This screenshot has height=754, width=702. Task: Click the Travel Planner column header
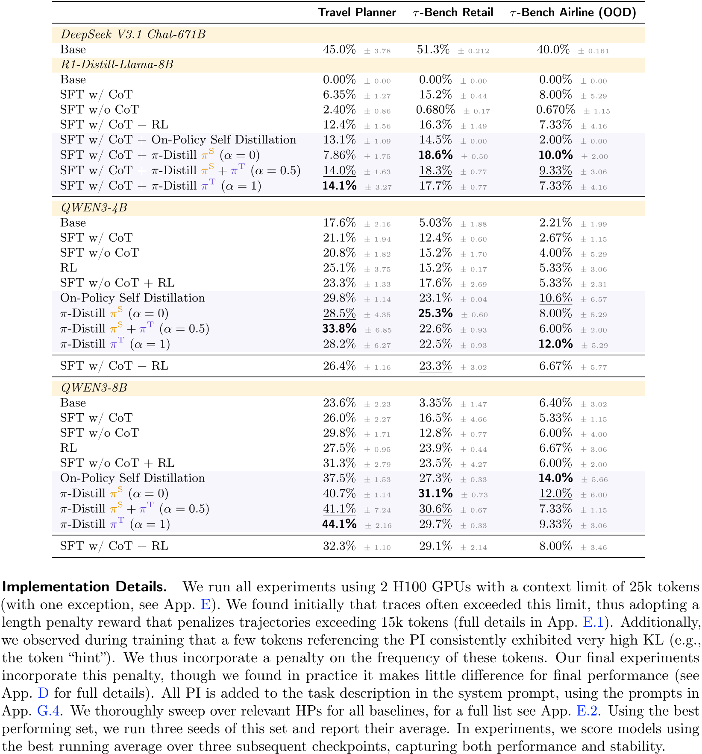click(357, 12)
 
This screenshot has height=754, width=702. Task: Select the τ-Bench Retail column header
click(453, 12)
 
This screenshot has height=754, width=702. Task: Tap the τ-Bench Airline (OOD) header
click(573, 12)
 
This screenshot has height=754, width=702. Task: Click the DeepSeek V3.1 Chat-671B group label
click(133, 35)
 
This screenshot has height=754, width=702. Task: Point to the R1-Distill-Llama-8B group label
click(117, 65)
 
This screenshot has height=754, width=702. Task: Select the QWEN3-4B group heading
click(94, 208)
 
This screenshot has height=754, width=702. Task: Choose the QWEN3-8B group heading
click(94, 388)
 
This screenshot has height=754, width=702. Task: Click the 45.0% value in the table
click(339, 50)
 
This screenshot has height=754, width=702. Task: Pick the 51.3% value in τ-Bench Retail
click(433, 50)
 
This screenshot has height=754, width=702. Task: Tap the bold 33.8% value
click(339, 329)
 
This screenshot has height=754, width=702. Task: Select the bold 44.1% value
click(339, 524)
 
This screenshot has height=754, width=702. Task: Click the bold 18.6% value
click(435, 155)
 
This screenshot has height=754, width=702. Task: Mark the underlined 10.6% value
click(555, 298)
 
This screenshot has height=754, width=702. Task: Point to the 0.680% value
click(435, 110)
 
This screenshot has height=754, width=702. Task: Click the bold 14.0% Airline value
click(555, 479)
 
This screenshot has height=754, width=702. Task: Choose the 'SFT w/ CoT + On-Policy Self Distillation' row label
click(178, 140)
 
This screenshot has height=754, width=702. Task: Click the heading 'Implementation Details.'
click(84, 587)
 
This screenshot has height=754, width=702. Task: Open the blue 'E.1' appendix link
click(593, 622)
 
